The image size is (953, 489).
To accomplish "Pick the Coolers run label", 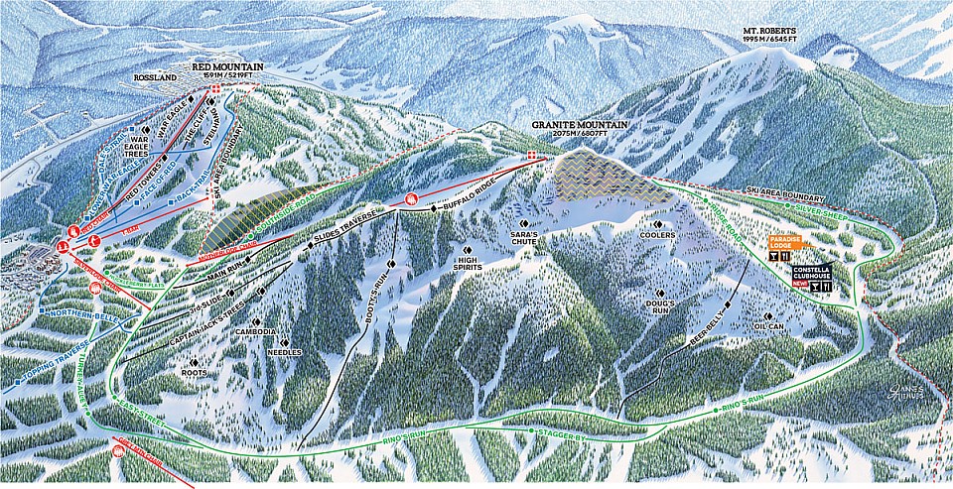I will click(658, 235).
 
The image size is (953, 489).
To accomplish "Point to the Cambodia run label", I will click(257, 331).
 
